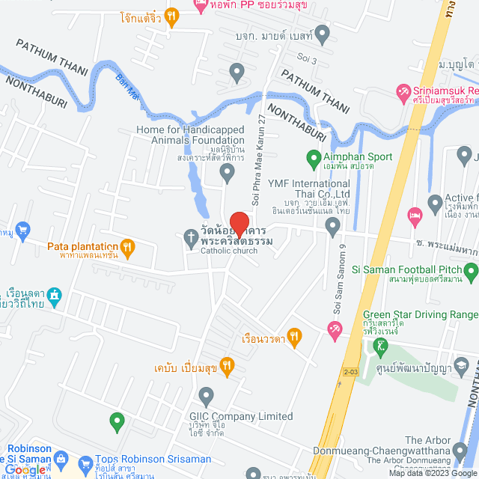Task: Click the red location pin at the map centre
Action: [x=239, y=225]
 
